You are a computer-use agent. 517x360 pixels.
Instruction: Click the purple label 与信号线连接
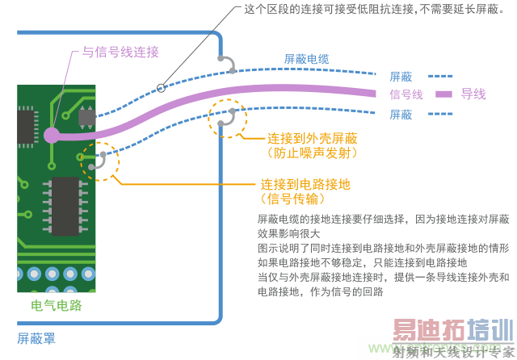[120, 52]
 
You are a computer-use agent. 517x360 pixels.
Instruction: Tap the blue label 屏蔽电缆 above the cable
[307, 59]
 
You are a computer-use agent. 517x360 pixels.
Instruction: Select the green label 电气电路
[57, 306]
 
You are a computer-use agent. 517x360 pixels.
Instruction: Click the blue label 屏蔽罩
[36, 338]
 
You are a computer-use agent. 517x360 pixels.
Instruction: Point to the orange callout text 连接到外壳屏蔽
[313, 139]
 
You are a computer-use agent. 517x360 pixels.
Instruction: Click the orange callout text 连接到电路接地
[305, 185]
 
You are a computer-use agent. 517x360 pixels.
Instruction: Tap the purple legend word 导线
[473, 94]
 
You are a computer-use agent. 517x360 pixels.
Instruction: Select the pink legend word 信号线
[406, 94]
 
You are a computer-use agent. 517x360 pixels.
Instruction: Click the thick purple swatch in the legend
[443, 94]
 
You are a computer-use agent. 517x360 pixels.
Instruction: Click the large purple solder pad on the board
[52, 136]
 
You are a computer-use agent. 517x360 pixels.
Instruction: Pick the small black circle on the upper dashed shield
[161, 88]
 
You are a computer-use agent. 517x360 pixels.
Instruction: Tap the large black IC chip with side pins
[65, 207]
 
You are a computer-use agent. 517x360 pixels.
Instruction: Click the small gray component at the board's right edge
[87, 117]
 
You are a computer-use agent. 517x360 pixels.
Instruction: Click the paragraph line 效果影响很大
[289, 233]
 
